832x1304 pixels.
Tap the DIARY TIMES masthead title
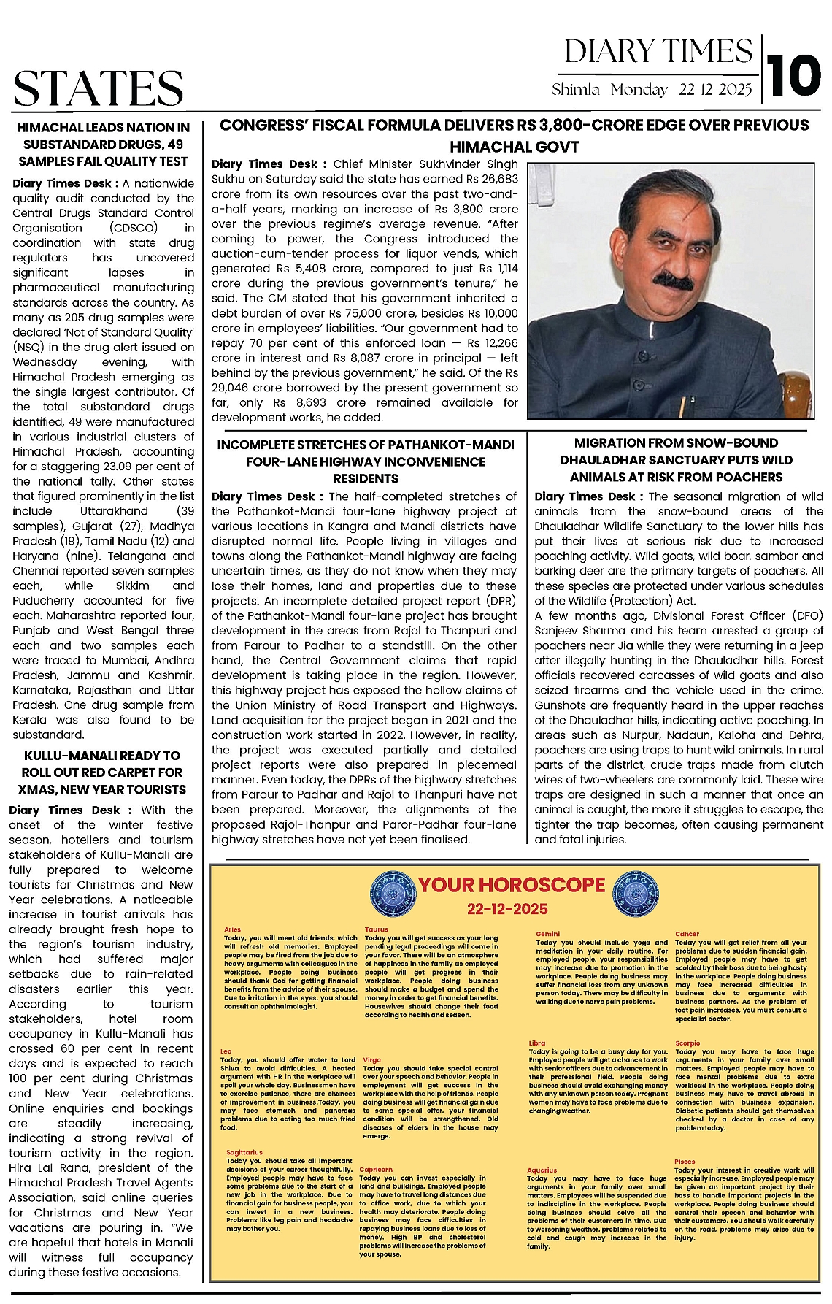(x=658, y=52)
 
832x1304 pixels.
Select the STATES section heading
(x=99, y=88)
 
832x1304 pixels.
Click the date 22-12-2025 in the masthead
(x=714, y=90)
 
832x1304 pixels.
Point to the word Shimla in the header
(x=576, y=90)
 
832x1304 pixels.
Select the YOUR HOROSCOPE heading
(x=511, y=885)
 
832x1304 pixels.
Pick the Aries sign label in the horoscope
(x=232, y=929)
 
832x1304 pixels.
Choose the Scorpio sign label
(x=687, y=1043)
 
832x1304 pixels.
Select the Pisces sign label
(x=685, y=1161)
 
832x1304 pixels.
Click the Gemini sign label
(x=547, y=934)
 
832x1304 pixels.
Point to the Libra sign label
(x=537, y=1043)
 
